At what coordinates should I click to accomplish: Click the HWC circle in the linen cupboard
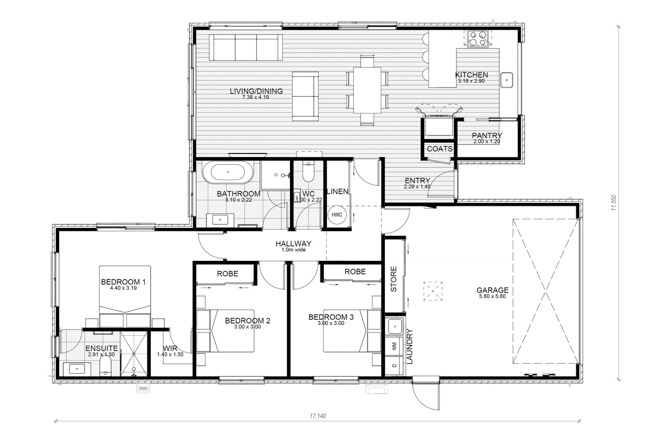tap(337, 215)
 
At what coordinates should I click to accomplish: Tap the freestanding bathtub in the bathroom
tap(228, 172)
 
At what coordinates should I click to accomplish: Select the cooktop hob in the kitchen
tap(478, 39)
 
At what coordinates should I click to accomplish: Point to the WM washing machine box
tap(394, 346)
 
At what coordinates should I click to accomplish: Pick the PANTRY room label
tap(487, 136)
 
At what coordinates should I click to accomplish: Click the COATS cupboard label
tap(440, 149)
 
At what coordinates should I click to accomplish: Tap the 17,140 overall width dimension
tap(318, 416)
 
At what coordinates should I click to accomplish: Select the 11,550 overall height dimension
tap(613, 203)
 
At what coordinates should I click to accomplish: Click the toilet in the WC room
tap(308, 172)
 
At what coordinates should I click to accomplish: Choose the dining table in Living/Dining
tap(367, 90)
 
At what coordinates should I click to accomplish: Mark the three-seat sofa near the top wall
tap(246, 48)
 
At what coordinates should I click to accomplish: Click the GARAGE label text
tap(492, 290)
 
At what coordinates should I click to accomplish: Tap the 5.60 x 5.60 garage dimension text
tap(492, 297)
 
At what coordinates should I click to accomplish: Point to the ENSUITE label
tap(101, 348)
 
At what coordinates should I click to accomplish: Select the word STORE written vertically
tap(394, 279)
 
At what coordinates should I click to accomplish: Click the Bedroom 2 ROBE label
tap(227, 273)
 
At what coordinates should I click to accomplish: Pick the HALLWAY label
tap(293, 244)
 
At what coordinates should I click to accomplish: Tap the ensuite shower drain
tap(134, 354)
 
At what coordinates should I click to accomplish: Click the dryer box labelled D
tap(394, 366)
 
